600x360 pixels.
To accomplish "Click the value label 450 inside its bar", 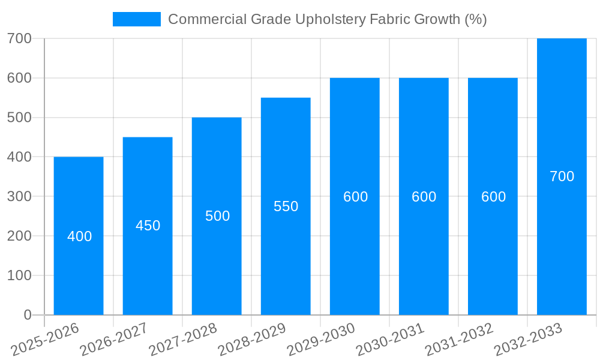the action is [148, 226].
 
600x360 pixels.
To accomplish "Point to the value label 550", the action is [286, 206].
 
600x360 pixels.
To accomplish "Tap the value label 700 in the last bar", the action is [562, 176].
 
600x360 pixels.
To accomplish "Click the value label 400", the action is [80, 236].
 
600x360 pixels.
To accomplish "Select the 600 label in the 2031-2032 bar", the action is [493, 197].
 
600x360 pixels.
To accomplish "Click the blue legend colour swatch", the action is [137, 19].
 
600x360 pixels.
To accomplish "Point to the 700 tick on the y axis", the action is [19, 38].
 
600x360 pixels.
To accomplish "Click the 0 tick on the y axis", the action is [28, 315].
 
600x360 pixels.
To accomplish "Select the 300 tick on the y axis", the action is [19, 196].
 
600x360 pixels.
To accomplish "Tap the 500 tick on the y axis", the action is [19, 118].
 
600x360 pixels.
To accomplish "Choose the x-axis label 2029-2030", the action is [321, 340].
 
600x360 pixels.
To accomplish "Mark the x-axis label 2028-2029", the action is [252, 340].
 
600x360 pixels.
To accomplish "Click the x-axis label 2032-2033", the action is [528, 340].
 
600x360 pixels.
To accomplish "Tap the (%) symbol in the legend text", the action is [476, 19].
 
